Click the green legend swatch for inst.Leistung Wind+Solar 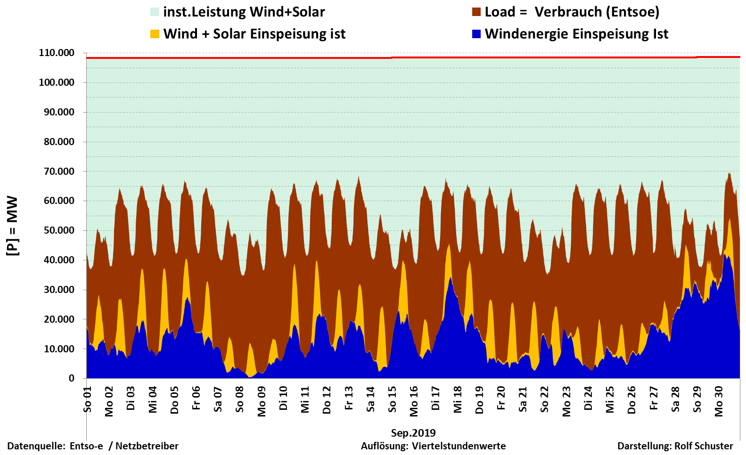coord(155,12)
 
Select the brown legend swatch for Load coord(476,12)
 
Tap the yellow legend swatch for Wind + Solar coord(155,34)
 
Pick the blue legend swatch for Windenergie coord(476,34)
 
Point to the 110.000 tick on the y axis coord(57,53)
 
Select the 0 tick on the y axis coord(71,378)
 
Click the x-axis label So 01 coord(88,399)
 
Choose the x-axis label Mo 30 coord(719,401)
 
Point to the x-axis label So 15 coord(392,399)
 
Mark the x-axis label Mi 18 coord(458,400)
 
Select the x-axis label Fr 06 coord(197,398)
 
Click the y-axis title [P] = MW coord(12,226)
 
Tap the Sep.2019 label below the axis coord(413,433)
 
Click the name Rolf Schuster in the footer coord(704,446)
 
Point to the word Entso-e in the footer coord(86,446)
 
